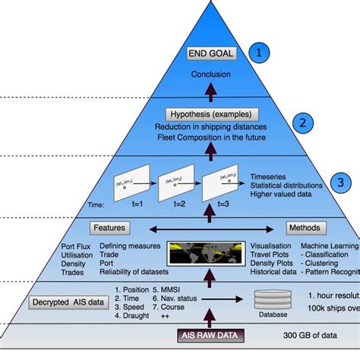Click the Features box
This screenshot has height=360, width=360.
(109, 227)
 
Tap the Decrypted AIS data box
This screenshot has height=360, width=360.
(69, 302)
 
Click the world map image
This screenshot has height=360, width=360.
(203, 257)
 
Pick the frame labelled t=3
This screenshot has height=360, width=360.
(220, 178)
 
